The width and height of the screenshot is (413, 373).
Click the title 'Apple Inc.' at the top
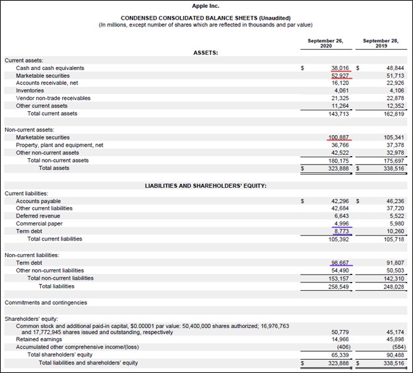pos(206,5)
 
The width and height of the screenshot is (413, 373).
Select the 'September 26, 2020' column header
pos(325,44)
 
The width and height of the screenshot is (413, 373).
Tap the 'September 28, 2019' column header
pos(381,44)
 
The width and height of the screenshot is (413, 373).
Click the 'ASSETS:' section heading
pos(206,52)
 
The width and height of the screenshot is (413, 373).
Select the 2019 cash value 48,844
pos(395,68)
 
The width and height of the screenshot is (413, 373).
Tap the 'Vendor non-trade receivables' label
pos(53,98)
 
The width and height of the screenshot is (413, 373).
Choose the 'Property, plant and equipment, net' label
pos(59,145)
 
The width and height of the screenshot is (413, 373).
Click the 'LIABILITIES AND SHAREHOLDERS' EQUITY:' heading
pos(206,186)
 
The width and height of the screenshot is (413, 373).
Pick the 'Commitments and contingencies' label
pos(46,302)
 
